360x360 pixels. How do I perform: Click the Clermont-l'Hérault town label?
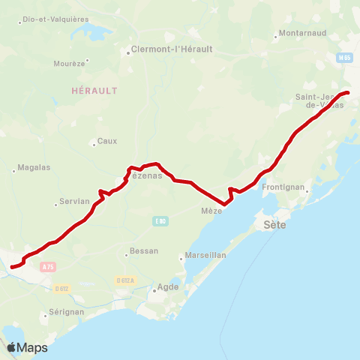[x=172, y=49]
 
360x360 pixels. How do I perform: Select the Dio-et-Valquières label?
[x=55, y=19]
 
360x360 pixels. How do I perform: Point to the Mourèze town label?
[x=71, y=64]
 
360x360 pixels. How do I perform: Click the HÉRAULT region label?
[x=94, y=90]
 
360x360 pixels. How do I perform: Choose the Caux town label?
[x=107, y=141]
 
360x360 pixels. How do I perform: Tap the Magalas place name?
[x=34, y=167]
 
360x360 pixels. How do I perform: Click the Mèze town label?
[x=211, y=211]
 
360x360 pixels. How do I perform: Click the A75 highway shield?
[x=49, y=266]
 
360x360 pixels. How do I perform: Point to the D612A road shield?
[x=126, y=280]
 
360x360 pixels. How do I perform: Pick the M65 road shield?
[x=344, y=57]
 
